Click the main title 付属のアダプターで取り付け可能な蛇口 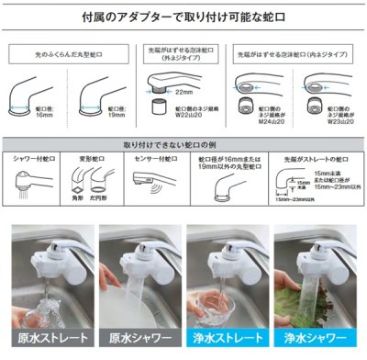click(183, 17)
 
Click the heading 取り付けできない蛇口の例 click(183, 144)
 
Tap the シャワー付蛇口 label click(36, 158)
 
